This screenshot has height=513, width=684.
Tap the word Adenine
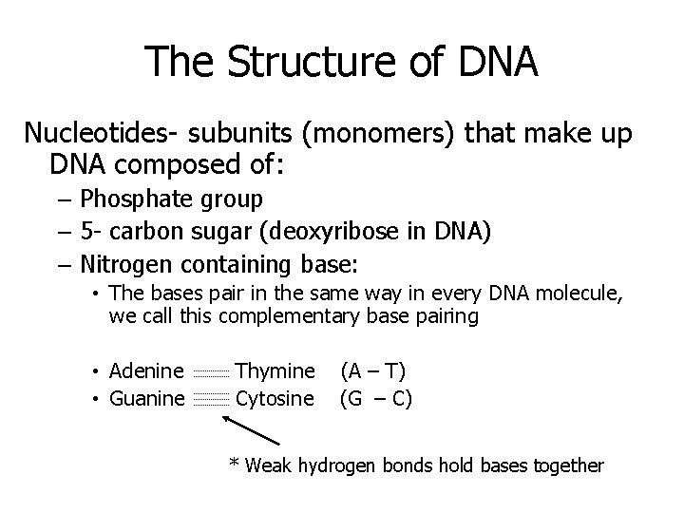click(x=146, y=370)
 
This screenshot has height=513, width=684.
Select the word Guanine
click(x=147, y=398)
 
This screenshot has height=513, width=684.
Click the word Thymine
click(x=274, y=370)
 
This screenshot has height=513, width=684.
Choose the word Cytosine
click(x=274, y=398)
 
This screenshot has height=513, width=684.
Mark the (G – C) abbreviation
click(x=376, y=398)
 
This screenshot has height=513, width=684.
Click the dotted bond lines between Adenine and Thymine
click(x=210, y=372)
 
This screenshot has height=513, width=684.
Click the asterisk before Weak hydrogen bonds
click(x=234, y=465)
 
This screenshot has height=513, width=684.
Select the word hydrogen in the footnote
click(x=335, y=466)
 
